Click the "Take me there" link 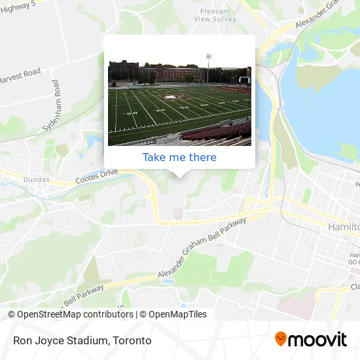coord(179,157)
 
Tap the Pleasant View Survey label coord(215,16)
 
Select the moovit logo coord(310,339)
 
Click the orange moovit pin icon coord(281,339)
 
